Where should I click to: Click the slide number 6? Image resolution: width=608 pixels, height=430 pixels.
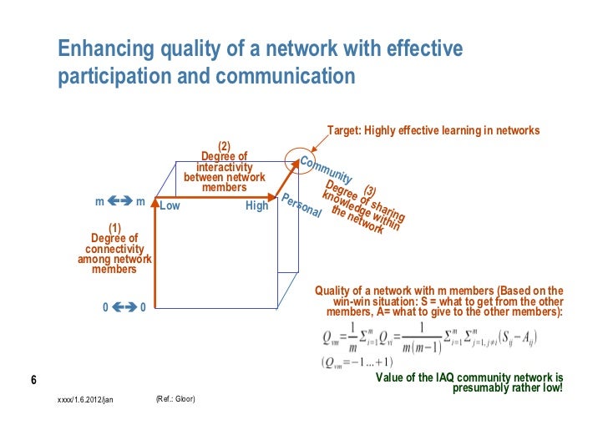tap(33, 382)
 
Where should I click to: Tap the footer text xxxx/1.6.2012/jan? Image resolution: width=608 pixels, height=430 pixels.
tap(84, 400)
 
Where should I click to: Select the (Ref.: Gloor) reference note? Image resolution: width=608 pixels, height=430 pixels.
tap(175, 399)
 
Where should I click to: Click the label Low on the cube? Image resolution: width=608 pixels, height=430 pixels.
tap(170, 205)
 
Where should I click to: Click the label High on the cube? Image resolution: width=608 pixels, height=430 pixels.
tap(256, 205)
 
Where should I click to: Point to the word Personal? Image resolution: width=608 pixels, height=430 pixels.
tap(301, 206)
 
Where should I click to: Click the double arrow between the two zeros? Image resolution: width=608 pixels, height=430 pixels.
tap(124, 307)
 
